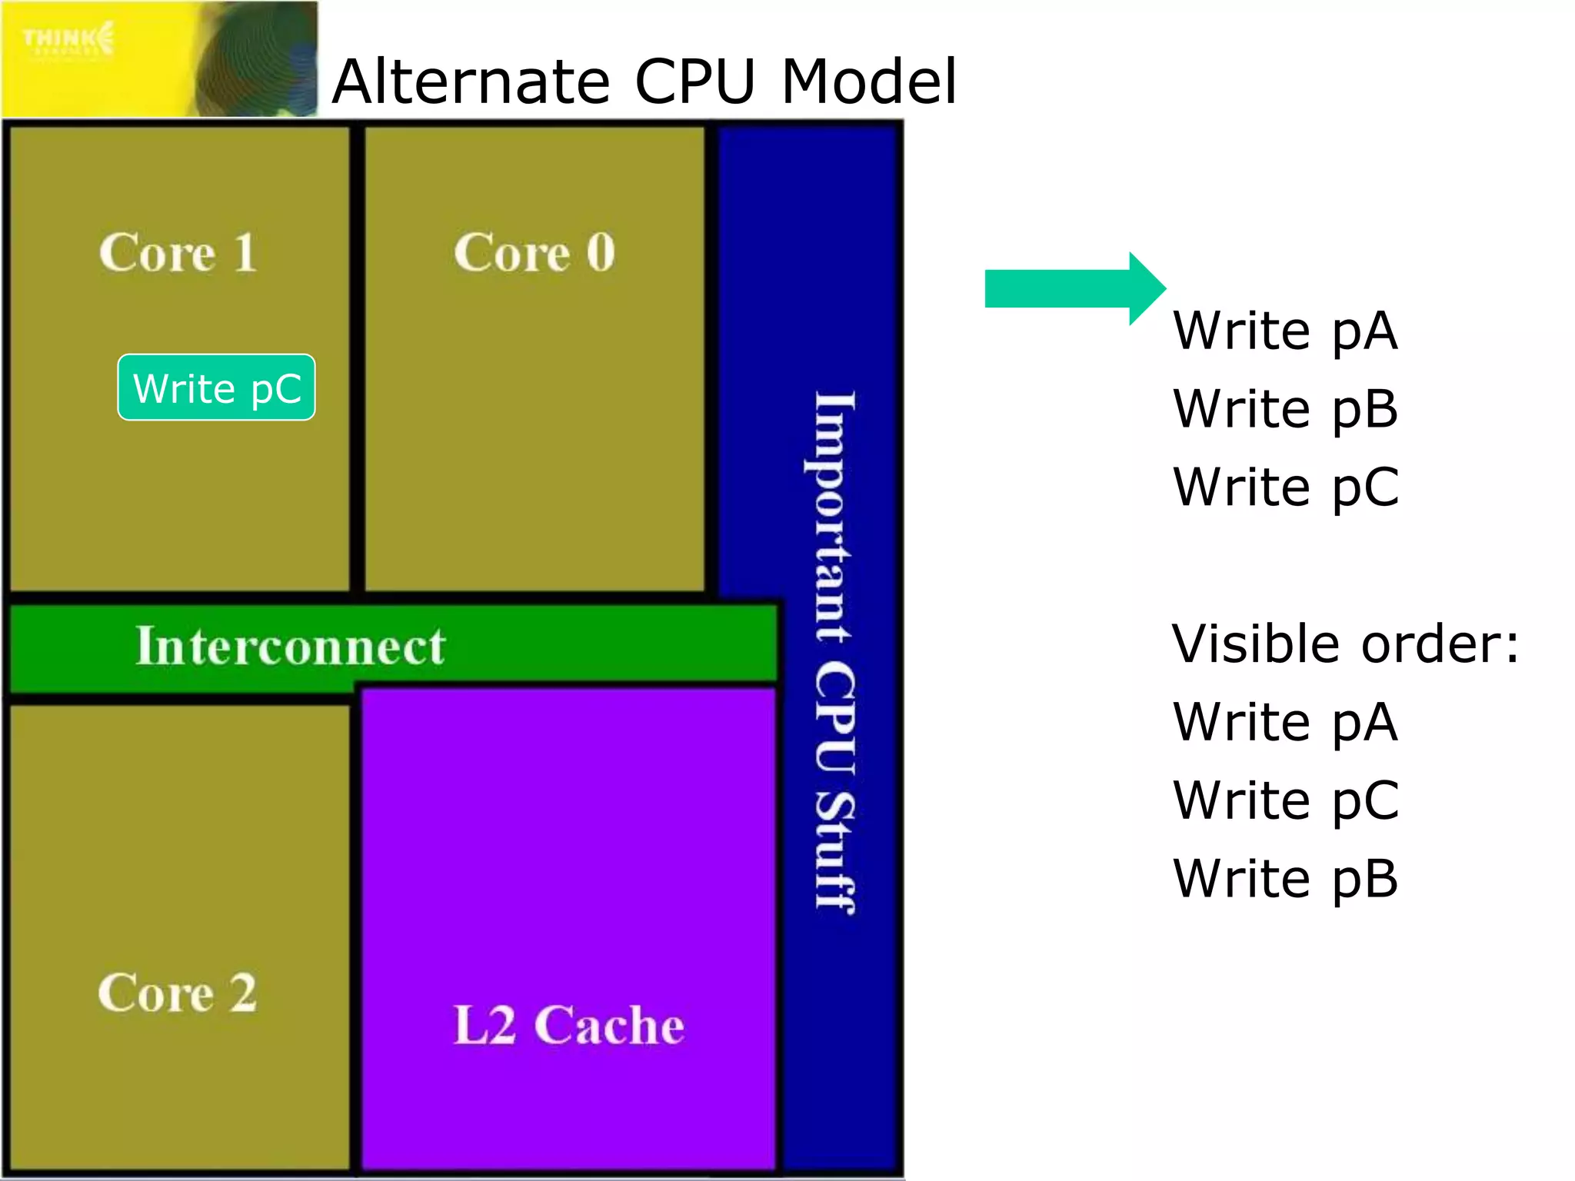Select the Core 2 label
177,993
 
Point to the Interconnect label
290,645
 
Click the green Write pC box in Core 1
216,388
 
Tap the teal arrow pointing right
1074,289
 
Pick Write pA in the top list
1284,331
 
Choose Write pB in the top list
1284,409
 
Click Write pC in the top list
1284,487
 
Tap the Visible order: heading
1345,644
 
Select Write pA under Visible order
1284,722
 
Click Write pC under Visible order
1284,800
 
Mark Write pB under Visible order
1284,879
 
